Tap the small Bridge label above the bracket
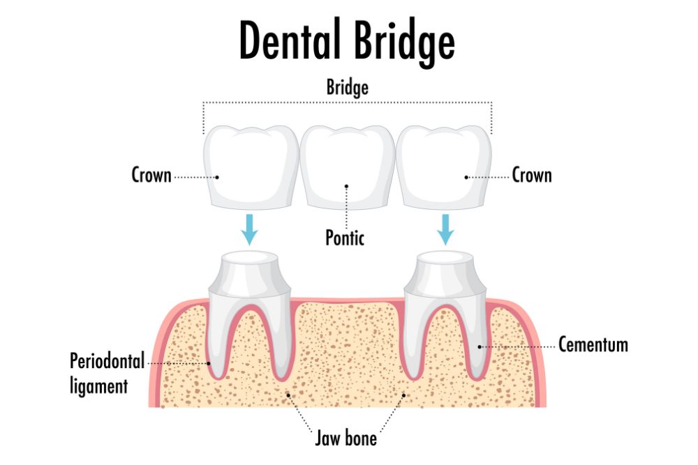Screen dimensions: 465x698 click(x=347, y=88)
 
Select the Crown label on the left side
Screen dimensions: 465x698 click(x=151, y=175)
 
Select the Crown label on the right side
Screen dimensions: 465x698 click(x=532, y=175)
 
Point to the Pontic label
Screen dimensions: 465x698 click(x=345, y=237)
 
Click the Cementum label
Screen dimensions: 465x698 click(x=593, y=344)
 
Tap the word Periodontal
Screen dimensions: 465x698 click(x=107, y=361)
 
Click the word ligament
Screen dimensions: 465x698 click(x=98, y=385)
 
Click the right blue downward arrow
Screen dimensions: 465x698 click(x=445, y=229)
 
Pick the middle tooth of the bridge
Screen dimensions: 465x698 click(x=346, y=167)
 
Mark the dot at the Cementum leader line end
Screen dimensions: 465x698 click(x=480, y=345)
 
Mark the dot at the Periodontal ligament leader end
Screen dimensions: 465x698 click(x=209, y=363)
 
